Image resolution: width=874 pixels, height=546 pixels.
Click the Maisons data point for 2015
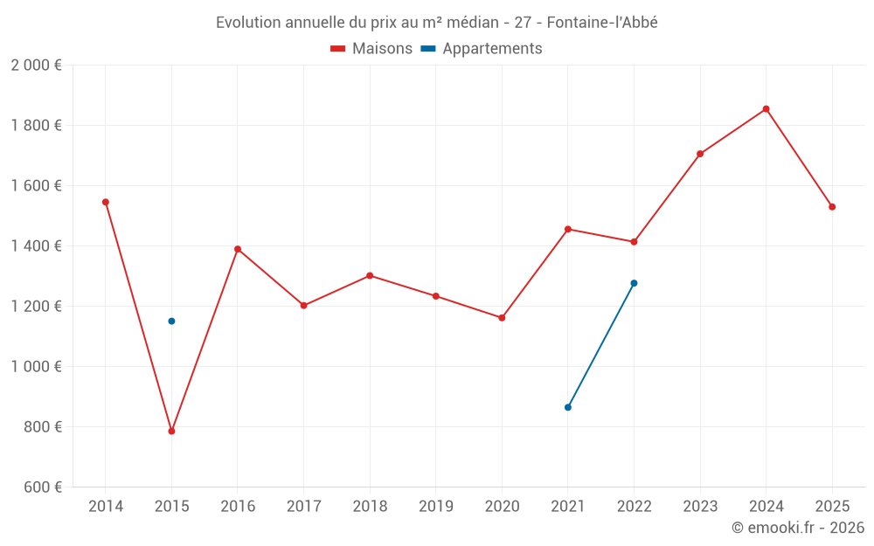coord(171,431)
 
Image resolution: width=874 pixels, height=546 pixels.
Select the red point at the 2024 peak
coord(766,109)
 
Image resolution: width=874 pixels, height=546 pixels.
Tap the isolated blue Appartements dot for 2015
coord(171,321)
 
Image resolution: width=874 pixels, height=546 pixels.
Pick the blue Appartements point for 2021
coord(568,407)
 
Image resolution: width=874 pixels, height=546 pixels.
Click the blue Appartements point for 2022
coord(634,283)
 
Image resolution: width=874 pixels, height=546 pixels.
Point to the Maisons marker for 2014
coord(106,202)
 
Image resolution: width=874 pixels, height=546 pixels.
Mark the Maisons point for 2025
coord(832,207)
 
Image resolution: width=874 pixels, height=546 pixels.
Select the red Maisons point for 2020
coord(502,318)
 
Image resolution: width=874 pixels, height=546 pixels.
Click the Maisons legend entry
coord(371,49)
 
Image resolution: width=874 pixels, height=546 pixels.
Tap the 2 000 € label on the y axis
coord(36,66)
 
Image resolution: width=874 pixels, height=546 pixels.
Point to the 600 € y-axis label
coord(41,487)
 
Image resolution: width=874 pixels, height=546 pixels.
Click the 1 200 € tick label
coord(36,307)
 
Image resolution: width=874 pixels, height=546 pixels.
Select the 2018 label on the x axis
coord(370,507)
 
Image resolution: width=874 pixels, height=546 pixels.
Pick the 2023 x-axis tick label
coord(700,507)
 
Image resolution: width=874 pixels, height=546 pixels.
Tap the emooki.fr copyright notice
coord(797,528)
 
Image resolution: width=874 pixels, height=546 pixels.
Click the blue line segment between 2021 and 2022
coord(601,345)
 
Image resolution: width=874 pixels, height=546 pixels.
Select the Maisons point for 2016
coord(238,249)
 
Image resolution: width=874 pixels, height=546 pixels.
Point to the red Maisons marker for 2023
coord(700,154)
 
